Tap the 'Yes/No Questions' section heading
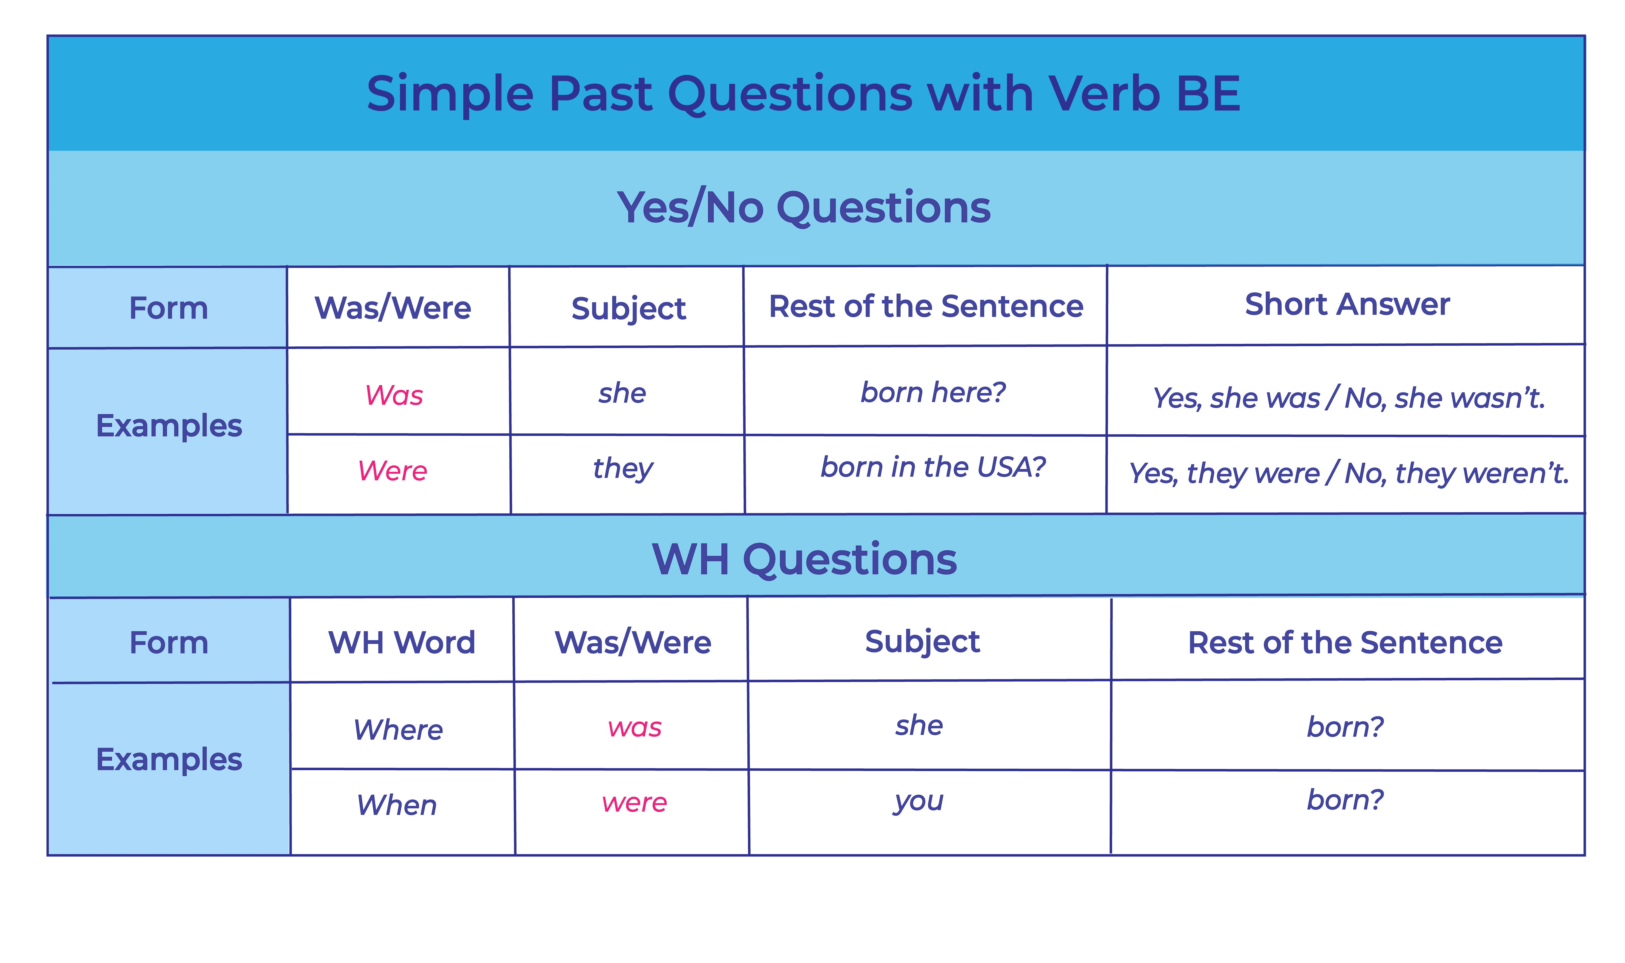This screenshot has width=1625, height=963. [804, 208]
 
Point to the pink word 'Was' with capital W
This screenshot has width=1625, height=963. [394, 395]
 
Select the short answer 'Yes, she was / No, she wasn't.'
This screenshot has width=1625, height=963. [1348, 398]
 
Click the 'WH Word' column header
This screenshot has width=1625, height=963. [402, 642]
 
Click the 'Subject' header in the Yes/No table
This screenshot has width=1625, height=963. [628, 308]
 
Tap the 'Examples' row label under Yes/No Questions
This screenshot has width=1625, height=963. [169, 426]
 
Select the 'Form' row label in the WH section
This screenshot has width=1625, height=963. [169, 642]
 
